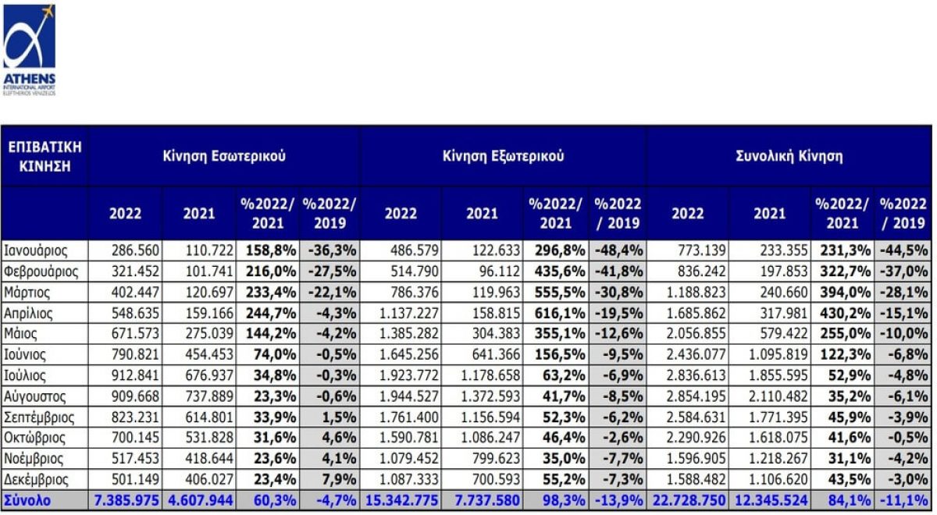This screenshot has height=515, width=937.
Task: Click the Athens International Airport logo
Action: (x=30, y=49)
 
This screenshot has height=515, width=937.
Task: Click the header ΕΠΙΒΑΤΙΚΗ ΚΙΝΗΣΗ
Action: (x=45, y=155)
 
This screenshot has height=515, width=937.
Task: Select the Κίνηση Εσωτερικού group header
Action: (x=224, y=155)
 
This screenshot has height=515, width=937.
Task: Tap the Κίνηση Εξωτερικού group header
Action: (x=503, y=155)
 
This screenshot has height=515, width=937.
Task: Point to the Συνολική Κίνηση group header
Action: (x=789, y=155)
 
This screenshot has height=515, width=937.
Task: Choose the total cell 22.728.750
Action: (x=687, y=500)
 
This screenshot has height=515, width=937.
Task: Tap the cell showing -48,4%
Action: (x=618, y=250)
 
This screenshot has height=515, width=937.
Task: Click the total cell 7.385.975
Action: (x=125, y=500)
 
